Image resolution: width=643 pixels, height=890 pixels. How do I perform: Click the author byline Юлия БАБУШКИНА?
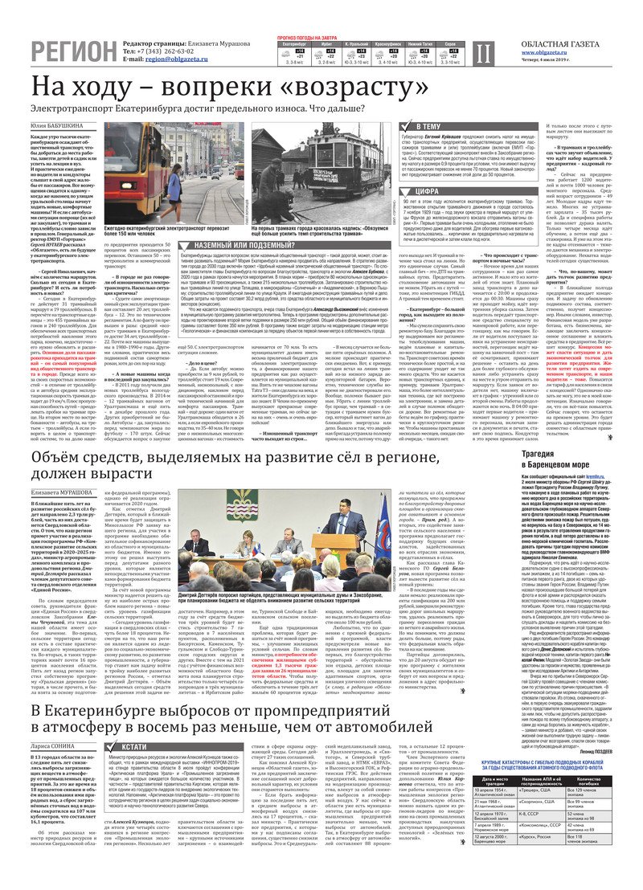(x=57, y=126)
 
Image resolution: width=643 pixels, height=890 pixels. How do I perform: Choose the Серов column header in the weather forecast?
(x=451, y=43)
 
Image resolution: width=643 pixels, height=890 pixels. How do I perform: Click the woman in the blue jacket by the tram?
(x=174, y=186)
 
